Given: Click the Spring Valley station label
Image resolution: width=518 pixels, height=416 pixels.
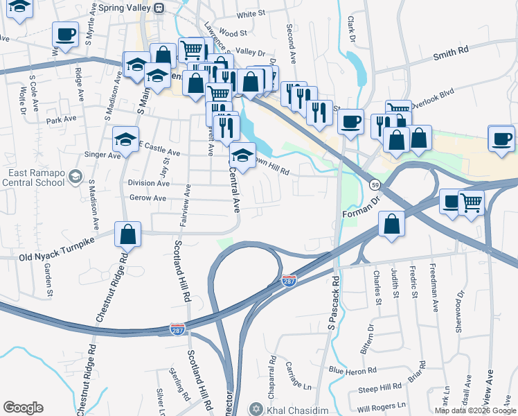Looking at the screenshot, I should (x=125, y=8).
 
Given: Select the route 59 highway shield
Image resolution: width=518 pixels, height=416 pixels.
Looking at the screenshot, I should (x=375, y=185).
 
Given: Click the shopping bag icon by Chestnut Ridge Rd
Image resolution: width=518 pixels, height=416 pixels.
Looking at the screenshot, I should (x=128, y=234).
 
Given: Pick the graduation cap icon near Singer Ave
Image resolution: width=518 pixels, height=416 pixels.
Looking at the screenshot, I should (x=125, y=139).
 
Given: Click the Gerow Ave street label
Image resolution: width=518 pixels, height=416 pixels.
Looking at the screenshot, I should (x=148, y=198).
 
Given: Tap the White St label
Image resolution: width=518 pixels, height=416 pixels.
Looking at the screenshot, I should (x=250, y=14).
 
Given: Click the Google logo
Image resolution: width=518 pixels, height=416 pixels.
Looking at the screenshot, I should (x=23, y=408).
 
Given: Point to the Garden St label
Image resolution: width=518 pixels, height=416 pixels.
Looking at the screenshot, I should (x=48, y=281).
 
